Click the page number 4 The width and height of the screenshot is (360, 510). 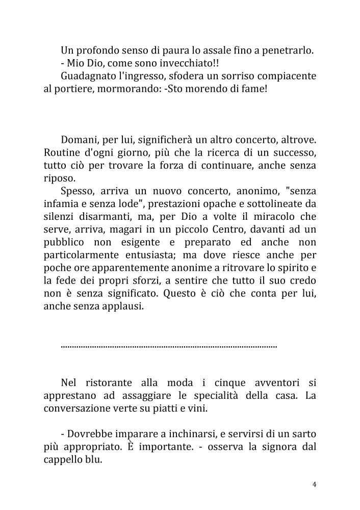point(315,484)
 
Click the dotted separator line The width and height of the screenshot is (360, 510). point(168,346)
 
